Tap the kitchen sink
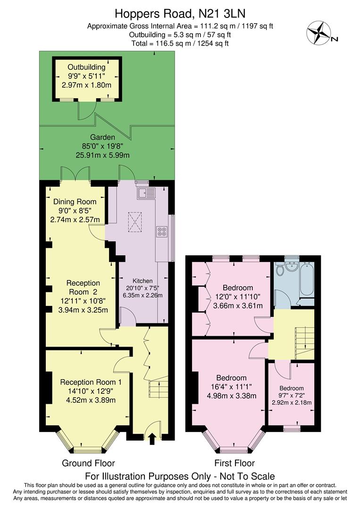pyautogui.click(x=146, y=193)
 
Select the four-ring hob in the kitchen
pyautogui.click(x=162, y=231)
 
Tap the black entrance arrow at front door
pyautogui.click(x=152, y=440)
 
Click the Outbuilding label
pyautogui.click(x=86, y=67)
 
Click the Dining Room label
pyautogui.click(x=75, y=202)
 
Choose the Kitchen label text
pyautogui.click(x=142, y=280)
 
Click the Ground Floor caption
pyautogui.click(x=88, y=463)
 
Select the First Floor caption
pyautogui.click(x=234, y=463)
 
